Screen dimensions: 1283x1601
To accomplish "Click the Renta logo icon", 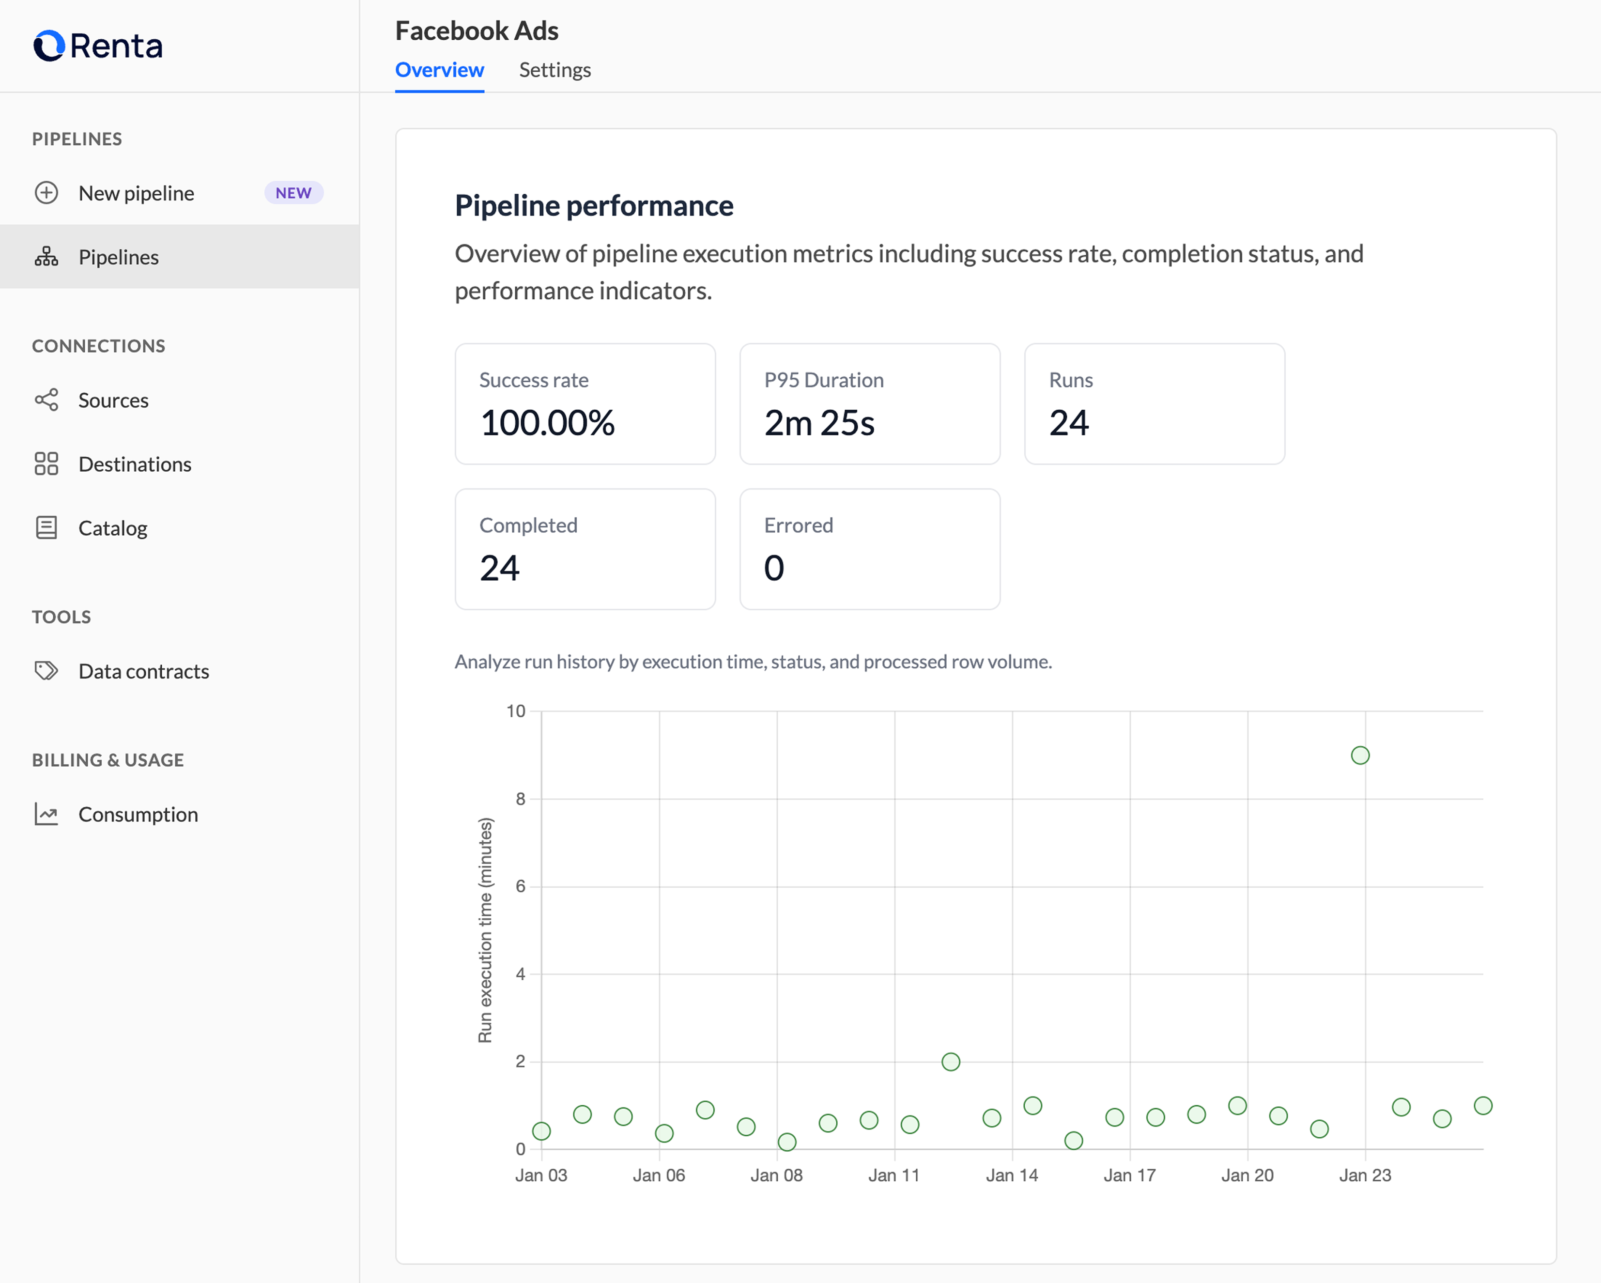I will (x=49, y=46).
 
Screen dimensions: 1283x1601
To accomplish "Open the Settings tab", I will (x=554, y=70).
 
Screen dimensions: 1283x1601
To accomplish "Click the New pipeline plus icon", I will (x=46, y=193).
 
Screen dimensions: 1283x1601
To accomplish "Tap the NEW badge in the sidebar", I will (x=293, y=193).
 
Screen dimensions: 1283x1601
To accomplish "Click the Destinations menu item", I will (x=135, y=464).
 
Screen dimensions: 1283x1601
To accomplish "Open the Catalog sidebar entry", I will (x=113, y=528).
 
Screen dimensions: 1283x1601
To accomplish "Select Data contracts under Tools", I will (x=143, y=671).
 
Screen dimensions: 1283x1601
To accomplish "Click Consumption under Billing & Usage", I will (x=138, y=815).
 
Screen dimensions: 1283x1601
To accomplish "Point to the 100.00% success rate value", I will (x=547, y=423).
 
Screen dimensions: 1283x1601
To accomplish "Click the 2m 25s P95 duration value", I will (x=819, y=423).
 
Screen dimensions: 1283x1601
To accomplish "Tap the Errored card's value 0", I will (x=774, y=569).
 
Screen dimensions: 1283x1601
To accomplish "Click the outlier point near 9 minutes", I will (x=1360, y=755).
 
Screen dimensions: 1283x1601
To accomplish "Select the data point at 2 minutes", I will (x=951, y=1062).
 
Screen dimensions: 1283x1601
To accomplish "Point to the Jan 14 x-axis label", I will (x=1011, y=1175).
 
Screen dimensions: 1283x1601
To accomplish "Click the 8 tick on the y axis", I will (x=521, y=799).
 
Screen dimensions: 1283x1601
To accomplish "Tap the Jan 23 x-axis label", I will (x=1365, y=1175).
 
